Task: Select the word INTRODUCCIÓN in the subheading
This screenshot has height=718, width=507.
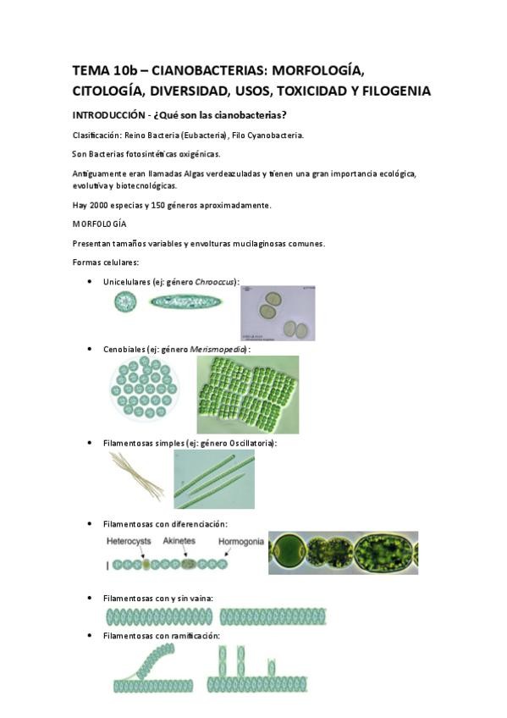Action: [x=108, y=115]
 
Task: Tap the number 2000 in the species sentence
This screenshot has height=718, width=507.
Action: [x=98, y=205]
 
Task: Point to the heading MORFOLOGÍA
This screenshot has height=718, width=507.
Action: [x=99, y=224]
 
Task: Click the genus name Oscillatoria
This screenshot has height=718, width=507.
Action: [x=251, y=443]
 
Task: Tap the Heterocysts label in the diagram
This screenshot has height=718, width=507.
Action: [x=129, y=541]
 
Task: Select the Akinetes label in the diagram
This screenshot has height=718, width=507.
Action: [x=179, y=540]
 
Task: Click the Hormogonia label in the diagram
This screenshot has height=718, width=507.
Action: [x=241, y=541]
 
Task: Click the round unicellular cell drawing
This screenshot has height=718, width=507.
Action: [x=125, y=301]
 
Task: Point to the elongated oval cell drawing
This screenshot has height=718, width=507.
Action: [x=185, y=301]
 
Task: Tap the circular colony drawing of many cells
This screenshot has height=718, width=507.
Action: [x=145, y=388]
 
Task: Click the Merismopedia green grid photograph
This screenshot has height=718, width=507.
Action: [x=247, y=395]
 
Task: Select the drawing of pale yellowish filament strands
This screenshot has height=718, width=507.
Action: [x=136, y=476]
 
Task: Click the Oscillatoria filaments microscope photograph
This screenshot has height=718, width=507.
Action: [x=214, y=479]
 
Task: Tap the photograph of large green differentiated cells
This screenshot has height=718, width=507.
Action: [x=343, y=553]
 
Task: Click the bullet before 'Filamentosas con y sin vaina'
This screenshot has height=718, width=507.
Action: [x=90, y=598]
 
